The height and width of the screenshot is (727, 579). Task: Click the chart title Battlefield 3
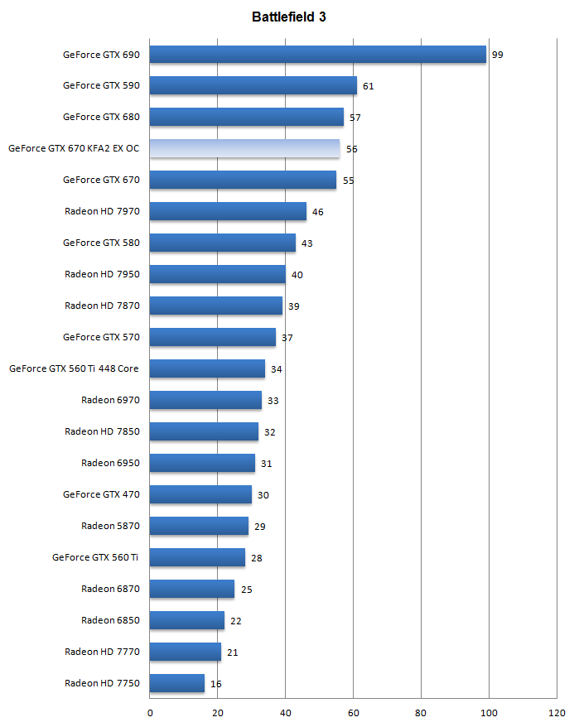click(289, 17)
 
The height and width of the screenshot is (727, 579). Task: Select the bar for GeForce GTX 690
click(317, 55)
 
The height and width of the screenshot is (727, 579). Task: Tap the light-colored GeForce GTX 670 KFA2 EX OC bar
click(244, 149)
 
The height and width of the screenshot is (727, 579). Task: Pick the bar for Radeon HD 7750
click(176, 684)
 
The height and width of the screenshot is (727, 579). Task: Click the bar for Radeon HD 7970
click(228, 212)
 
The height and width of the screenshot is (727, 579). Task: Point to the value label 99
click(498, 55)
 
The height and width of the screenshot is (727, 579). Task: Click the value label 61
click(369, 86)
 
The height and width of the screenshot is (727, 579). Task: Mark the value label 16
click(215, 684)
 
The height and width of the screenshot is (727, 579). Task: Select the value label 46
click(317, 212)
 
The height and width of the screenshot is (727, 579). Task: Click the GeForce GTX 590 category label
click(101, 86)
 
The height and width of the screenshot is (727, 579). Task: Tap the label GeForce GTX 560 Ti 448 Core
click(74, 369)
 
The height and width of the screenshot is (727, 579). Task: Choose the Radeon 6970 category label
click(110, 401)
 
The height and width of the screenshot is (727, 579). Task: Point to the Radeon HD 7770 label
click(102, 652)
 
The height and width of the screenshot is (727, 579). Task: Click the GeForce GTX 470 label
click(101, 495)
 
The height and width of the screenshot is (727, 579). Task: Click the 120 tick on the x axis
click(556, 713)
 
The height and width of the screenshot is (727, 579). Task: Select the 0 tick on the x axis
click(150, 713)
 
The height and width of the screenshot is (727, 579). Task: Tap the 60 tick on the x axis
click(353, 713)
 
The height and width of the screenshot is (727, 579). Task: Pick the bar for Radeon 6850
click(187, 621)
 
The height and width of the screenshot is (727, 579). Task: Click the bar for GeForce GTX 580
click(223, 243)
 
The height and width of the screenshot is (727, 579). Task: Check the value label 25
click(247, 590)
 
